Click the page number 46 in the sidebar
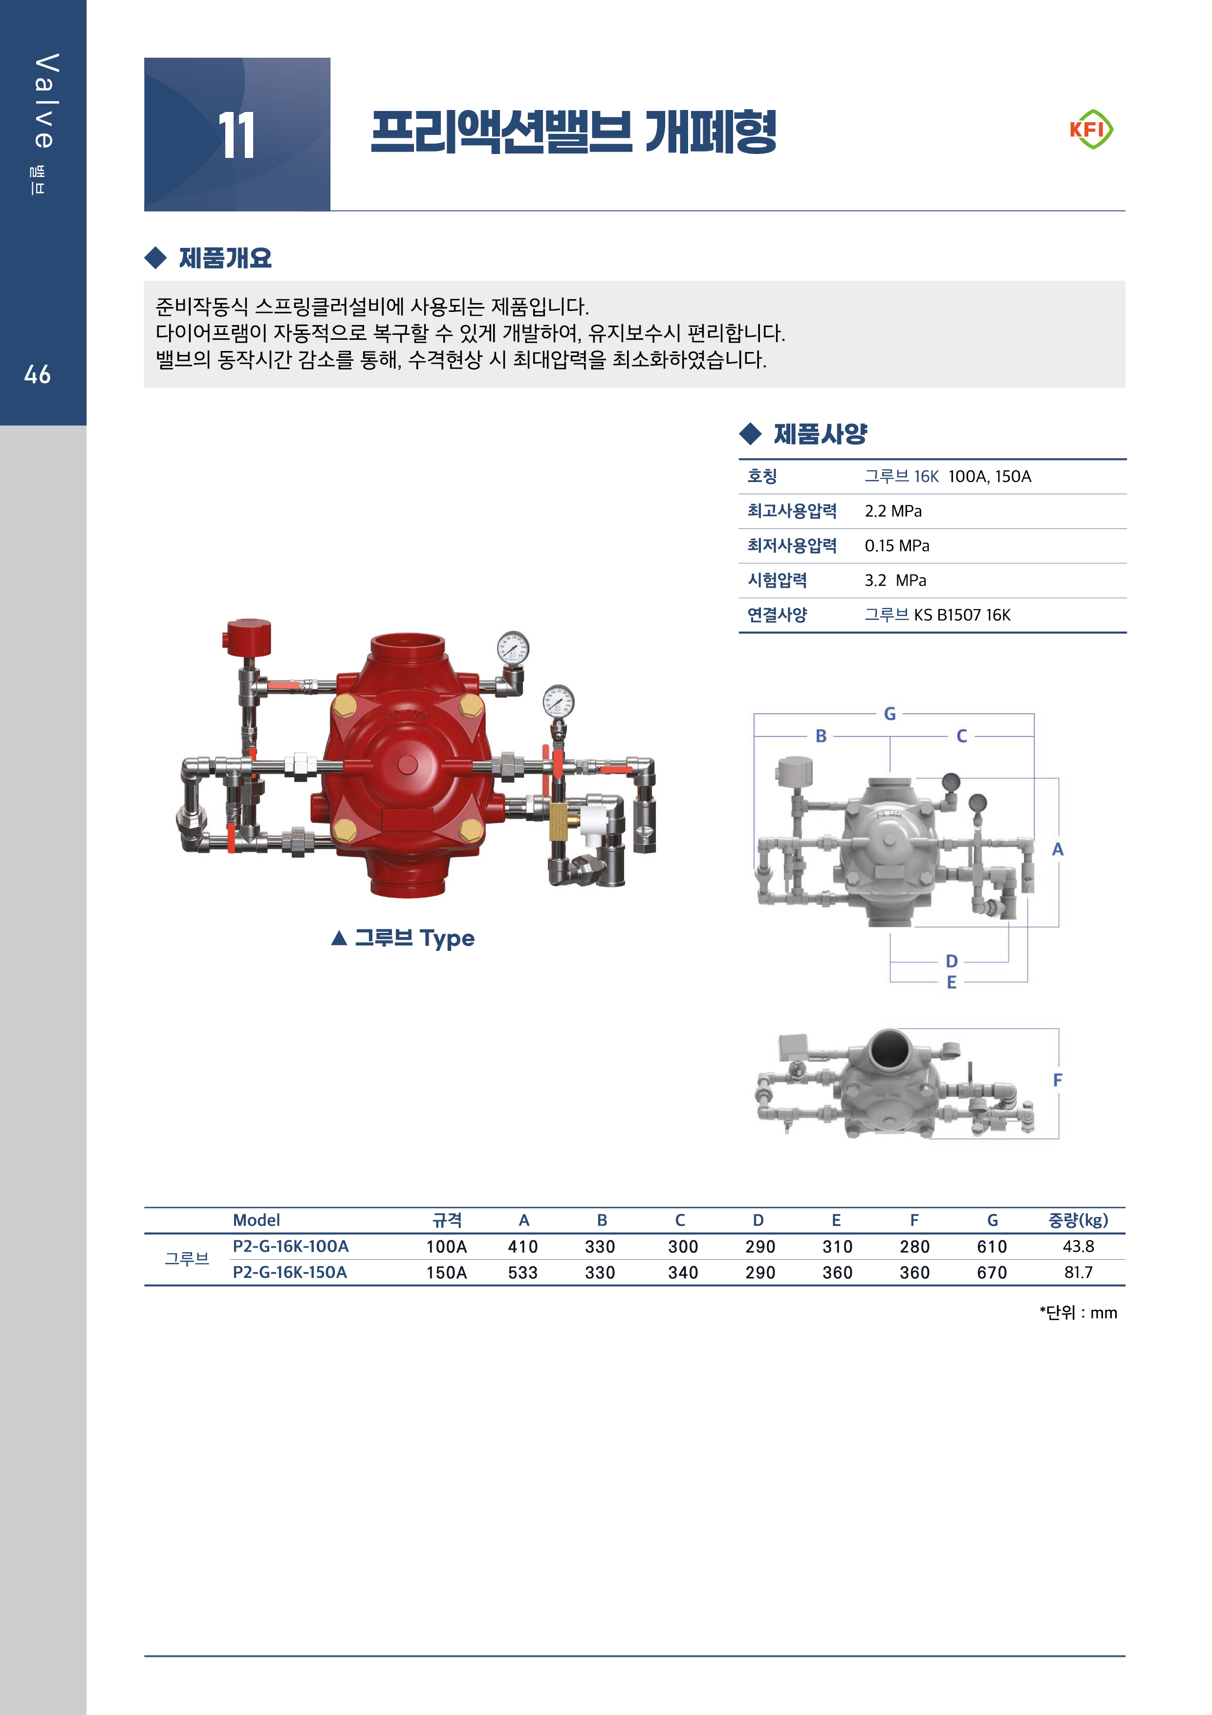[x=37, y=374]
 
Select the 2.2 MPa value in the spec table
[x=893, y=511]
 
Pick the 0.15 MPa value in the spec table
[x=897, y=546]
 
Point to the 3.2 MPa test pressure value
[x=895, y=580]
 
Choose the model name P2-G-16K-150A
[x=290, y=1272]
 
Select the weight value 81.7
[x=1078, y=1272]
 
